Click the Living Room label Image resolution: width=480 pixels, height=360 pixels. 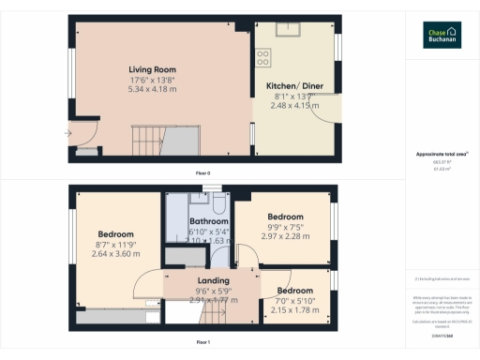point(149,69)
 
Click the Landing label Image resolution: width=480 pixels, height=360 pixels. point(214,280)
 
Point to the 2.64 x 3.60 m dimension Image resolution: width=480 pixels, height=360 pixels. point(116,254)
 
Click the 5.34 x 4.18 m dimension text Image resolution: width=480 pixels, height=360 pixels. point(149,90)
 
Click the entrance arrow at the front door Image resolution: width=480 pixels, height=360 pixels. point(67,133)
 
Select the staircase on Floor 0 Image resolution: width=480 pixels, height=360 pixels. point(177,142)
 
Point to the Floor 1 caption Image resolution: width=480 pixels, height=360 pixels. point(202,342)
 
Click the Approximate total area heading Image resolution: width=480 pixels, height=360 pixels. point(441,154)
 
